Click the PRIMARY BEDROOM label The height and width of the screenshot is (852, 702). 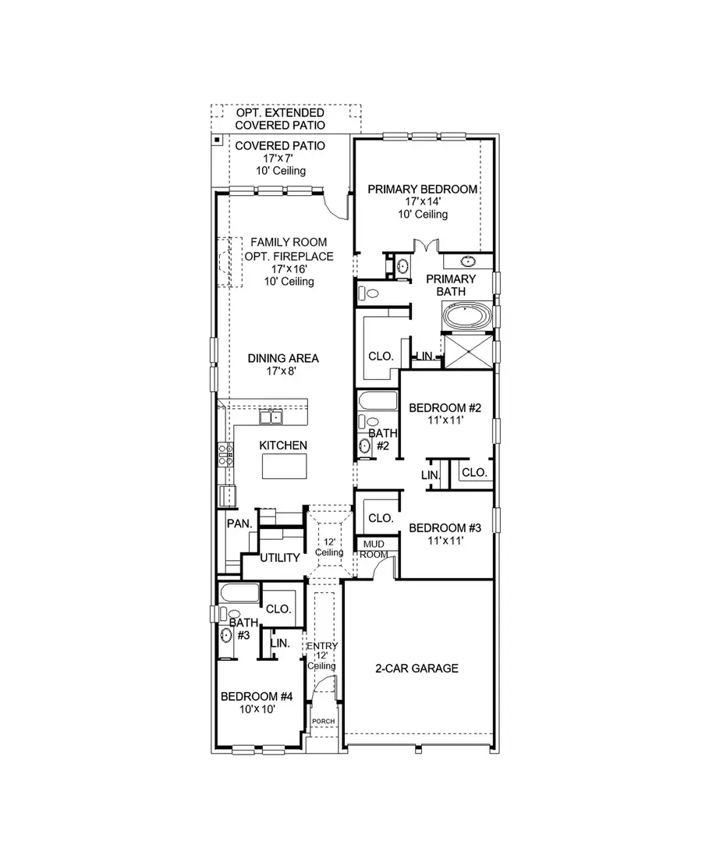tap(423, 189)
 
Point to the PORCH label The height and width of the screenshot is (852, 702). tap(323, 721)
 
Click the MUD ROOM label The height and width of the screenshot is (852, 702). tap(371, 548)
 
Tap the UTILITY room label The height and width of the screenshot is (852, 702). tap(280, 558)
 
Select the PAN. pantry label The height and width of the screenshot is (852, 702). tap(238, 524)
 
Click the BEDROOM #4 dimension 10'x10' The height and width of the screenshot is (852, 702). tap(257, 709)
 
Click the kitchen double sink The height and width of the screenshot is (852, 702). tap(271, 417)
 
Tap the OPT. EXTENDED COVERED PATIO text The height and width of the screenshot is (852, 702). tap(280, 119)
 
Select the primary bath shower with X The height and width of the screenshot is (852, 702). tap(467, 350)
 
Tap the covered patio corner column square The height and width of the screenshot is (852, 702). tap(216, 140)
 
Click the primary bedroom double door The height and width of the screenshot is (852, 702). tap(423, 247)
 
